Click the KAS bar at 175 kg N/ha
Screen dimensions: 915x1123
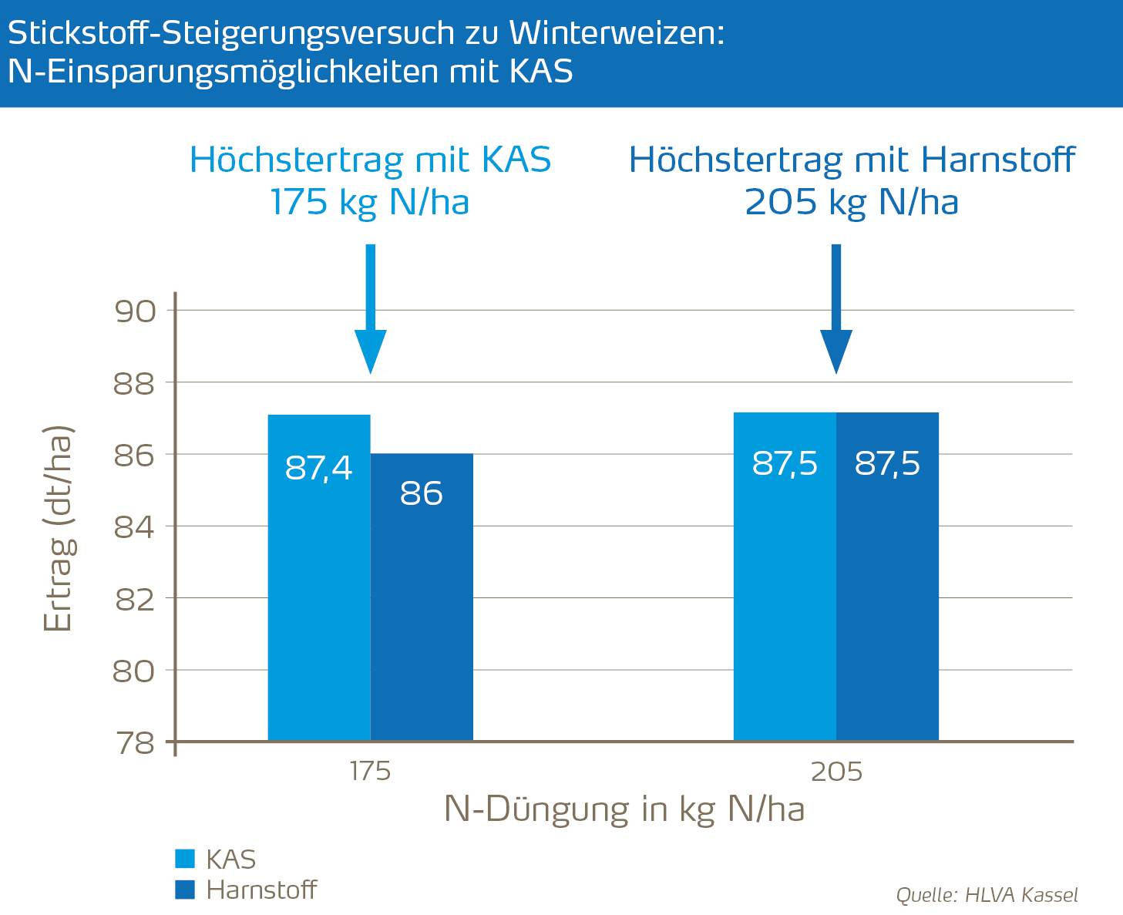point(319,578)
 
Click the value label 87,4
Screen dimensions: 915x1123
point(319,468)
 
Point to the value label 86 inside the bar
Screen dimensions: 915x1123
point(422,494)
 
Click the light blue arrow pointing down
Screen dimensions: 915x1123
point(371,308)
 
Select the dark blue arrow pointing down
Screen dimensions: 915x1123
point(836,308)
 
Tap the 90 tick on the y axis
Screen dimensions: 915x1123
point(135,311)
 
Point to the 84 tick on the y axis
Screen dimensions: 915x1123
point(135,527)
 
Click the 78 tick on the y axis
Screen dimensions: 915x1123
point(135,743)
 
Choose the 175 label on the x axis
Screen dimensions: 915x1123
point(371,772)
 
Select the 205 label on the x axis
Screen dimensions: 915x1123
point(836,772)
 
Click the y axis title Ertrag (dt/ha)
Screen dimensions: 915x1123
point(58,528)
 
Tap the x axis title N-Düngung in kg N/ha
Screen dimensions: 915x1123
point(624,809)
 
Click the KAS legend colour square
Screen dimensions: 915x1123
point(185,859)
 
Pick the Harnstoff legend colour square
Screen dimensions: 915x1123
point(185,890)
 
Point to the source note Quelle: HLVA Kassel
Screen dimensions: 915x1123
point(987,895)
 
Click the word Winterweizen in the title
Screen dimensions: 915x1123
point(617,33)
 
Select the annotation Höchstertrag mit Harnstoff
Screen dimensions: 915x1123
point(852,160)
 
